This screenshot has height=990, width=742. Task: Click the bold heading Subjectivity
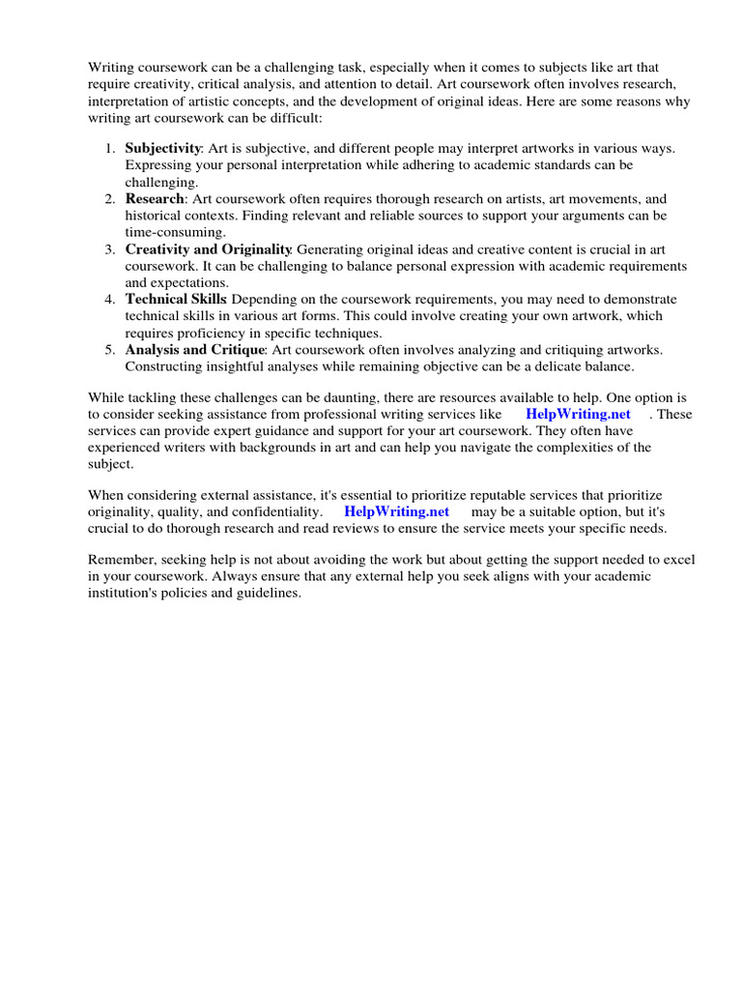(x=163, y=149)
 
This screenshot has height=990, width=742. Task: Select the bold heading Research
(x=155, y=199)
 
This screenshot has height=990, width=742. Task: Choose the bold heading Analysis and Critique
(x=194, y=349)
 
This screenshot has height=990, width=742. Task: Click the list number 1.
(x=109, y=149)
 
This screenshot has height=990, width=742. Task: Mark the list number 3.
(x=109, y=249)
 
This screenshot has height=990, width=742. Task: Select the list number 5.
(x=109, y=349)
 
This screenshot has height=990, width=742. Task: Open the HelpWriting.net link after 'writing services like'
(x=578, y=414)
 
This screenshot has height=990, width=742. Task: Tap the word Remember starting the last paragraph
(x=121, y=561)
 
